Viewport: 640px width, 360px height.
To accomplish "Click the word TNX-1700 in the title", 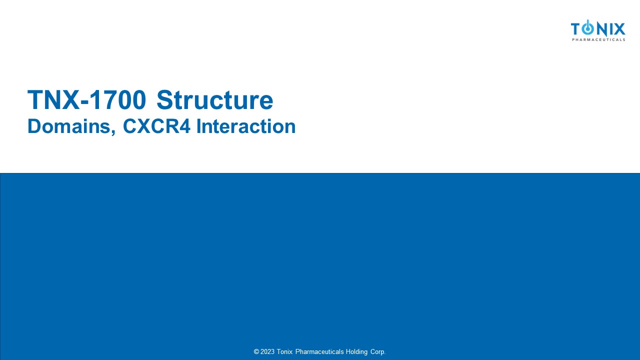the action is click(86, 99).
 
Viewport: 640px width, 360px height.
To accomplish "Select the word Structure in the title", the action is click(215, 99).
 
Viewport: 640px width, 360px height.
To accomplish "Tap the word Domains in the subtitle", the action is click(69, 126).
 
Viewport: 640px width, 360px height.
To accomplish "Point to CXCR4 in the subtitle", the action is click(156, 126).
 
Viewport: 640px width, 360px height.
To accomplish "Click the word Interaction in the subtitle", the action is click(246, 126).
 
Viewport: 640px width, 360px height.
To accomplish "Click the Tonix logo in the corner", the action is click(598, 30).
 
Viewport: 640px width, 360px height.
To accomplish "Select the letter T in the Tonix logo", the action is click(576, 29).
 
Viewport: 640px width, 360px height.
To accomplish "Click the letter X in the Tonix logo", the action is click(619, 29).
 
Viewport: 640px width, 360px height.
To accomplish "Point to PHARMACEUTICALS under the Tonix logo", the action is click(598, 39).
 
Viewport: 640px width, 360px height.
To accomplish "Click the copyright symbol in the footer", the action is click(256, 351).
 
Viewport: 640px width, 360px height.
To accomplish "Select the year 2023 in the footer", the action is click(267, 351).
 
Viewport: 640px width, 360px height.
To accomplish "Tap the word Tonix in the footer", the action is click(284, 351).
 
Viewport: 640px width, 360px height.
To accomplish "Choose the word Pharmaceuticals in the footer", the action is click(319, 351).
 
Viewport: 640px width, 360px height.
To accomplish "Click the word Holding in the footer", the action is click(356, 352).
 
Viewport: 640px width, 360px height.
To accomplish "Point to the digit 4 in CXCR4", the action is click(185, 126).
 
